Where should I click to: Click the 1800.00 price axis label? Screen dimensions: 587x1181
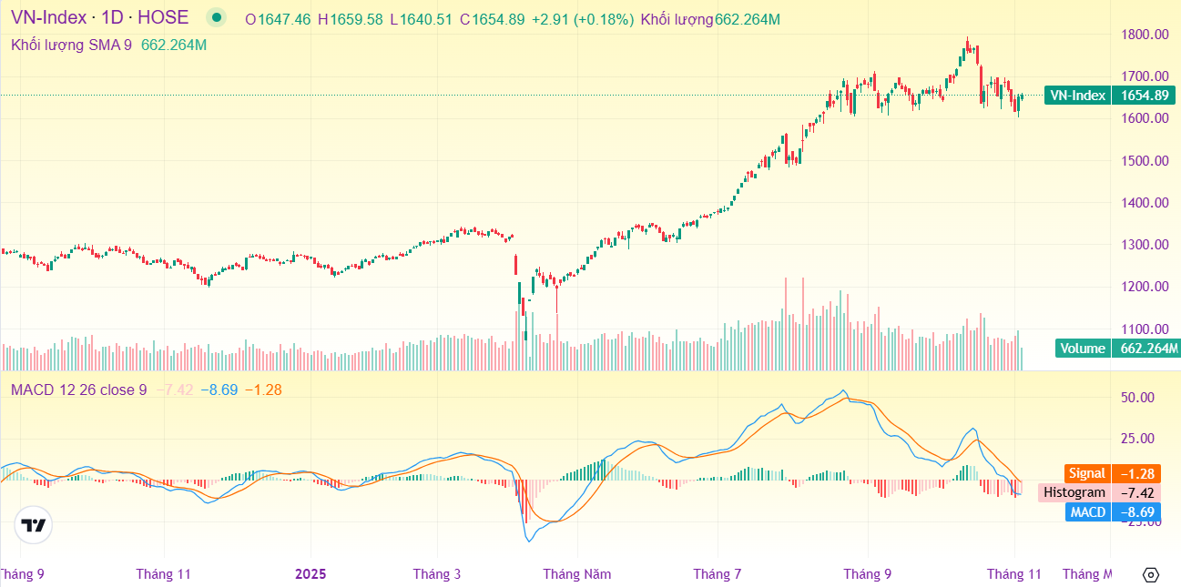click(1145, 35)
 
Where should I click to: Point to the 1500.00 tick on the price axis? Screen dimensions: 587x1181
click(1145, 161)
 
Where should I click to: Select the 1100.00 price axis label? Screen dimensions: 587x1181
click(1145, 329)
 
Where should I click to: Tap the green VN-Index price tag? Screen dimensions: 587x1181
click(1077, 96)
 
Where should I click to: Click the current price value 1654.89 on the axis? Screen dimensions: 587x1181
click(1145, 96)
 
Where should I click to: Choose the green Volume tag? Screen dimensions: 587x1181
click(1083, 349)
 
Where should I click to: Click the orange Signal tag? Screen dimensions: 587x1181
click(1087, 473)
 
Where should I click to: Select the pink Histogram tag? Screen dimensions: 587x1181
click(1074, 492)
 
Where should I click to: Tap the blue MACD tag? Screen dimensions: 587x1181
click(1087, 512)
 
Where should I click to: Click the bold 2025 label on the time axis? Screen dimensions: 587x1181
click(311, 574)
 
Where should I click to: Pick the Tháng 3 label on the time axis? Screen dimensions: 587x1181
click(437, 574)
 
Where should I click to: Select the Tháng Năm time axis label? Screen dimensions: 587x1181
click(577, 574)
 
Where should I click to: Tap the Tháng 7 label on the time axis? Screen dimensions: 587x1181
click(717, 574)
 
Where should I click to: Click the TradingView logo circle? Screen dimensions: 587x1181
click(34, 525)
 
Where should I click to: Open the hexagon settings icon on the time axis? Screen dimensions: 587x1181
click(1150, 574)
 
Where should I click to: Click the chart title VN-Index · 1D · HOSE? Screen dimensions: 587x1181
click(99, 17)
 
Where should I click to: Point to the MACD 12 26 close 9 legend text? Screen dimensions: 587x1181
click(78, 390)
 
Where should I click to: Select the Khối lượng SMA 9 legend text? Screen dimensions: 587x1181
click(71, 45)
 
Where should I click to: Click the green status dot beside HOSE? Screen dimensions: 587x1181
click(216, 17)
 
